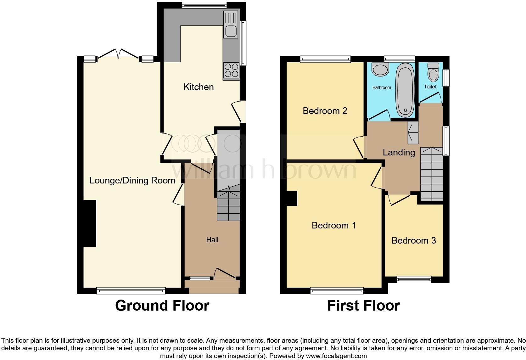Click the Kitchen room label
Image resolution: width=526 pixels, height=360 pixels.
199,87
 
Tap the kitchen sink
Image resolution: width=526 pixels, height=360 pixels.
231,31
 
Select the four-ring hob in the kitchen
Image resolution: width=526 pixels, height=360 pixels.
231,70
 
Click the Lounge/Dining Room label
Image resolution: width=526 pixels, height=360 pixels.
132,180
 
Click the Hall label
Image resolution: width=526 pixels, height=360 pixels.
212,240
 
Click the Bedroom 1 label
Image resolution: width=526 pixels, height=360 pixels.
333,225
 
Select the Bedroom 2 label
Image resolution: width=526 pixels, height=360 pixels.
325,111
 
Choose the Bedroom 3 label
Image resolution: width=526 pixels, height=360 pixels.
413,240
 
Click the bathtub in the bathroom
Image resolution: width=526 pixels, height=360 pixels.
405,90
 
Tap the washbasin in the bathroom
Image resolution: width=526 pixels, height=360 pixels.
380,70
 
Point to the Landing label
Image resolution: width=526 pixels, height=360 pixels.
399,152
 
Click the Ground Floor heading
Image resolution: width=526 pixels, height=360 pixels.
162,306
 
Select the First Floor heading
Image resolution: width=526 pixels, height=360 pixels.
363,306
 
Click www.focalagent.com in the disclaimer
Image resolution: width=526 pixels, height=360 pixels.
336,356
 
